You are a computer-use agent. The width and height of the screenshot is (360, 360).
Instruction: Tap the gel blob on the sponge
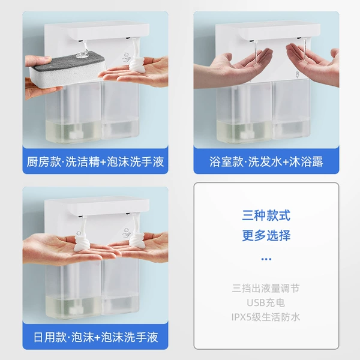pyautogui.click(x=82, y=55)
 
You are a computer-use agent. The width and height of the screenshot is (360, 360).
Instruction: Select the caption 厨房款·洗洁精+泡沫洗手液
pyautogui.click(x=95, y=161)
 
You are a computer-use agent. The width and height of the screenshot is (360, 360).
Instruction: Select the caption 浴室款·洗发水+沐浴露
pyautogui.click(x=266, y=161)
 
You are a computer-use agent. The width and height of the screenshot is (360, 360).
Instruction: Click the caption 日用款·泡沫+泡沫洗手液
pyautogui.click(x=96, y=337)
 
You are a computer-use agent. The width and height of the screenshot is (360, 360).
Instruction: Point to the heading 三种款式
pyautogui.click(x=266, y=215)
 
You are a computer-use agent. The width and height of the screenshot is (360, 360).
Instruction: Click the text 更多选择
pyautogui.click(x=266, y=235)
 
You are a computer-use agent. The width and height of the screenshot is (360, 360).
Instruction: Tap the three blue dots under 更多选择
pyautogui.click(x=266, y=259)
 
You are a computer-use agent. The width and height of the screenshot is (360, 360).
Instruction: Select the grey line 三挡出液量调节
pyautogui.click(x=266, y=289)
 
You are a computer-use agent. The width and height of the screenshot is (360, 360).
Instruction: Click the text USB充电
pyautogui.click(x=266, y=303)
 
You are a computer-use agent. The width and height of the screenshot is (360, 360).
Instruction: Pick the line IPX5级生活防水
pyautogui.click(x=266, y=317)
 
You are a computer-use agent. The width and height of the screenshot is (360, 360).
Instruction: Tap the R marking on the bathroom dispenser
pyautogui.click(x=298, y=74)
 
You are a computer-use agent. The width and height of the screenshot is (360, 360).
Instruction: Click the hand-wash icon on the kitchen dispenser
pyautogui.click(x=127, y=58)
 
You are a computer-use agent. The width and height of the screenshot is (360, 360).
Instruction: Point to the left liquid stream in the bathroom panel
pyautogui.click(x=256, y=53)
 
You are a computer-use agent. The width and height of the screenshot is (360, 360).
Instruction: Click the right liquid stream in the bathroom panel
pyautogui.click(x=305, y=51)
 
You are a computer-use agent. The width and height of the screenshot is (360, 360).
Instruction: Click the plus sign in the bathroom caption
pyautogui.click(x=286, y=162)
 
